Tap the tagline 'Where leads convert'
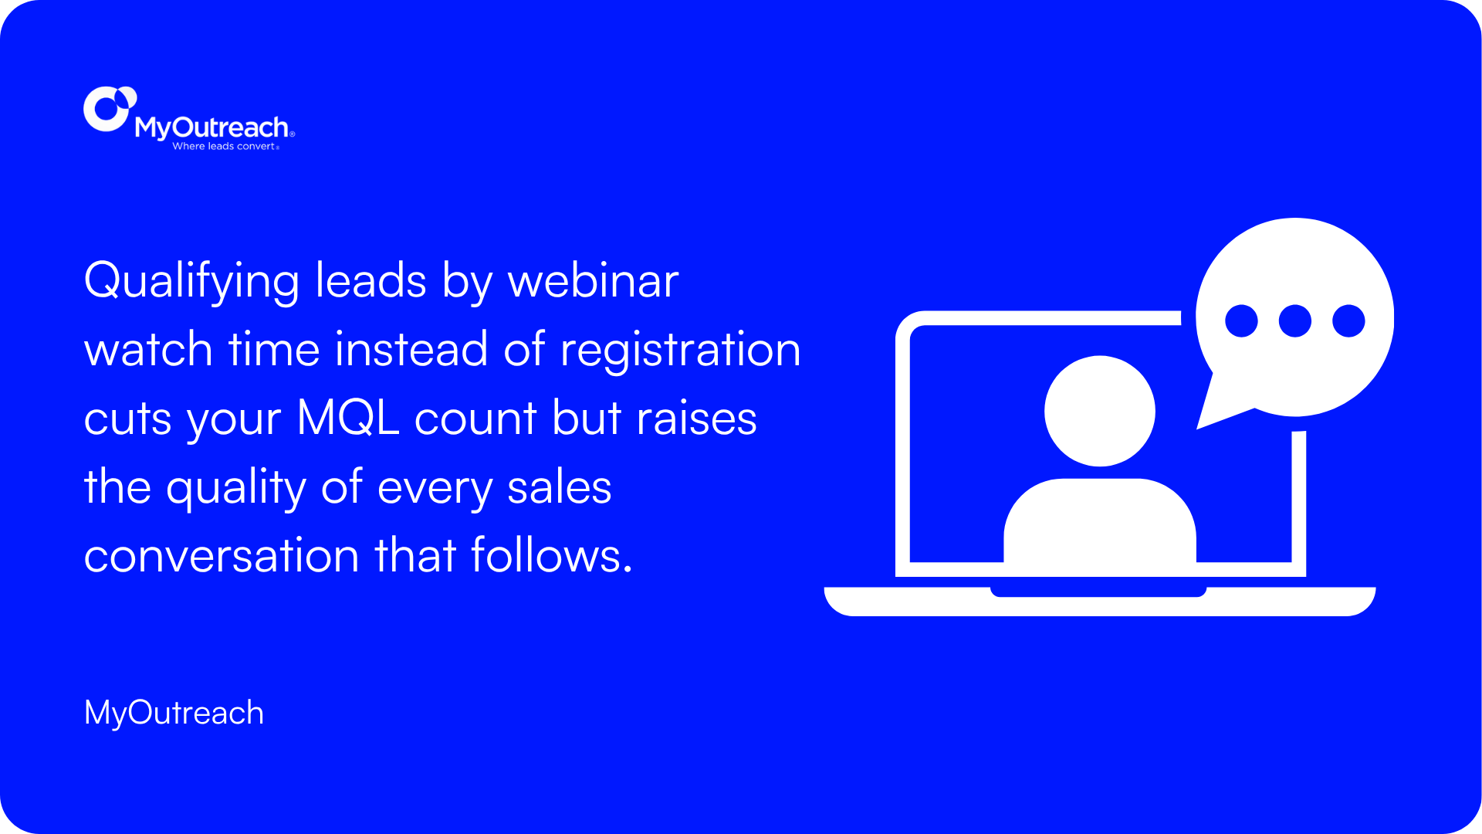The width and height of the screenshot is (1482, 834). click(x=224, y=146)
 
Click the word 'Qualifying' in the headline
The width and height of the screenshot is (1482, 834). click(x=191, y=281)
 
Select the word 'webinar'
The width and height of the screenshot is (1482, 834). click(x=593, y=280)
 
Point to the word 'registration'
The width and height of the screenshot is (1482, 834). click(x=680, y=350)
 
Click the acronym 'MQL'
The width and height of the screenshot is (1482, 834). click(x=348, y=419)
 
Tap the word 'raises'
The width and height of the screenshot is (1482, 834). click(x=696, y=419)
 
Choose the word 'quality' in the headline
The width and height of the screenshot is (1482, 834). click(x=236, y=488)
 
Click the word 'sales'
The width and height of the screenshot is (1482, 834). click(x=559, y=487)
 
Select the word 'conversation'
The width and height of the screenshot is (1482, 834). click(x=222, y=556)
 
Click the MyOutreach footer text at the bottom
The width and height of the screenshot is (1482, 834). click(x=174, y=713)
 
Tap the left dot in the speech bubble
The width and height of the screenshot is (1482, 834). click(x=1241, y=320)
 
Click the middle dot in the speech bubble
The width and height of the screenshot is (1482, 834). click(x=1295, y=320)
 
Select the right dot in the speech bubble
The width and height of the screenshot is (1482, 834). click(x=1348, y=320)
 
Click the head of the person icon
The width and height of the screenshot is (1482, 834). click(x=1100, y=411)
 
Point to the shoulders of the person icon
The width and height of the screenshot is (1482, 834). click(x=1100, y=520)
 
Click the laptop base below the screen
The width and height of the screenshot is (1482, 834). click(x=1100, y=603)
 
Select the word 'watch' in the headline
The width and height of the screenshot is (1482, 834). click(x=148, y=350)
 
